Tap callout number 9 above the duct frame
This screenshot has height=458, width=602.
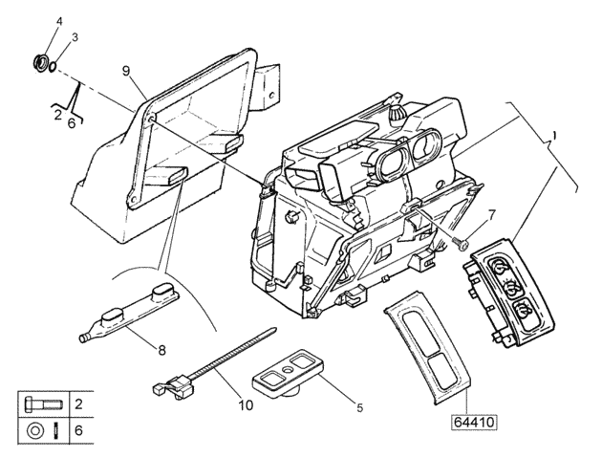(126, 71)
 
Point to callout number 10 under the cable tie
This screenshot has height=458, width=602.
(247, 404)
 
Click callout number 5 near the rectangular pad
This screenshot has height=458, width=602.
(358, 407)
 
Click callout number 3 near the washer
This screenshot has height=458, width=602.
(75, 36)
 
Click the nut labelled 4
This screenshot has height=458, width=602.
(41, 64)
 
